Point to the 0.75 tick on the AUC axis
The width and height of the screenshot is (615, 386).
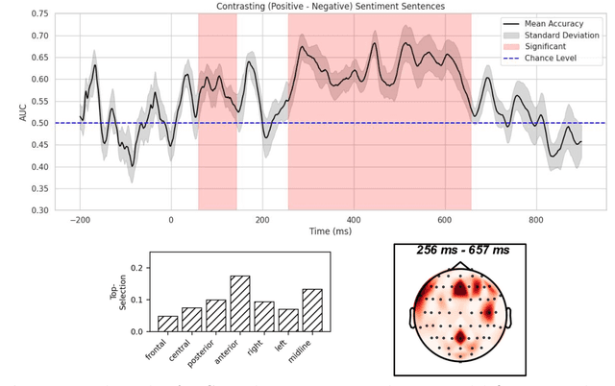pyautogui.click(x=39, y=14)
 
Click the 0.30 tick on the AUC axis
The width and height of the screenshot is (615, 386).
pyautogui.click(x=39, y=209)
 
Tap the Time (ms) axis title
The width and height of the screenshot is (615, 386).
pyautogui.click(x=321, y=231)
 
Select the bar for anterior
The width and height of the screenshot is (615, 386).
pyautogui.click(x=239, y=303)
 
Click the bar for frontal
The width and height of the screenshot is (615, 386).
pyautogui.click(x=167, y=324)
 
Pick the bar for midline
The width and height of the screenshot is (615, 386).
pyautogui.click(x=312, y=310)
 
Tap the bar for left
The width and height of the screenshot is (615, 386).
pyautogui.click(x=288, y=320)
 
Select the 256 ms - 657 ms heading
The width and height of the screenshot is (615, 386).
pyautogui.click(x=463, y=251)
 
